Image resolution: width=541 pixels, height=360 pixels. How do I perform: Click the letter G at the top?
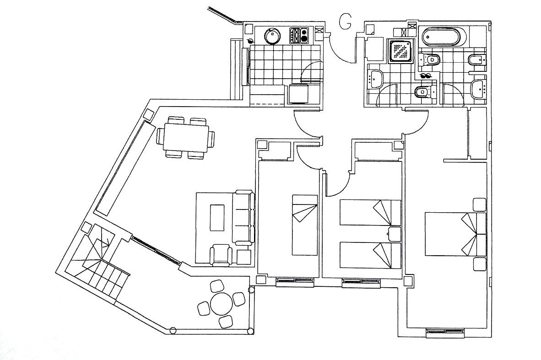coord(346,21)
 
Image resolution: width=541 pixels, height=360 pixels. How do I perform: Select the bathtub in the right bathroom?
coord(443,37)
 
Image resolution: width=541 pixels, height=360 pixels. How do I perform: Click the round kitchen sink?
coord(273,36)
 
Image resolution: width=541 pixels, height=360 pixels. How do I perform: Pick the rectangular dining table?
coord(185,138)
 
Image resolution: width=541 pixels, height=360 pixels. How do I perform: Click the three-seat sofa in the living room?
coord(243,218)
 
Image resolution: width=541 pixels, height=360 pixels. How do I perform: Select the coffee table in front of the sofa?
coord(217,217)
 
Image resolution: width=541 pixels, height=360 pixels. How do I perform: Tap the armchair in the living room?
coord(221,255)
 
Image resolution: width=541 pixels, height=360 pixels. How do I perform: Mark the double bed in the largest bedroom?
coord(454,234)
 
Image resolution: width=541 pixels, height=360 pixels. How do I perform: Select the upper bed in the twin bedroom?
coord(370,212)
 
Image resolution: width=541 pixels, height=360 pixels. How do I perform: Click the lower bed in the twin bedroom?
coord(370,255)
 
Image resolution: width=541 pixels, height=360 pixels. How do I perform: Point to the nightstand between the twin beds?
coord(394,234)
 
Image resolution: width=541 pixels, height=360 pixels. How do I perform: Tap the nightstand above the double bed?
coord(479,204)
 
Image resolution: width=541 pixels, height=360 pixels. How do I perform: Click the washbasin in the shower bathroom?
coord(377,79)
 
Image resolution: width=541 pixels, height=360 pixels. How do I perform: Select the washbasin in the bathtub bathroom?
coord(478,87)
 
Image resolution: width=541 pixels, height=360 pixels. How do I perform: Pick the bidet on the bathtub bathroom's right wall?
coord(476,60)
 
